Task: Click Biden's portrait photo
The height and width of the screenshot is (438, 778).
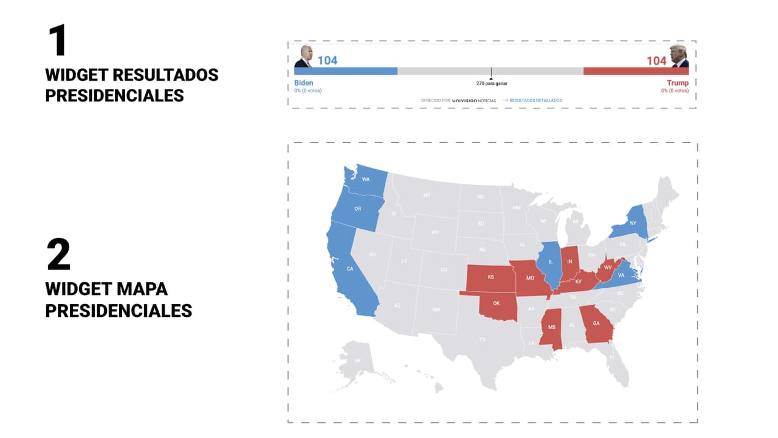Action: click(x=303, y=57)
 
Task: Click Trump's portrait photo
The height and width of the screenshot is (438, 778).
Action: click(x=679, y=57)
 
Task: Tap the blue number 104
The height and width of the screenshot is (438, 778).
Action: click(x=327, y=60)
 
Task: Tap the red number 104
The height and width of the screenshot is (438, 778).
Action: click(x=656, y=60)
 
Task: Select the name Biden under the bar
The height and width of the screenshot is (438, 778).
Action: click(x=304, y=83)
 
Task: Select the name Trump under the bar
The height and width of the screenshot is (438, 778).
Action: click(x=678, y=83)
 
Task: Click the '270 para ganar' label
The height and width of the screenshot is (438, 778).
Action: click(x=492, y=83)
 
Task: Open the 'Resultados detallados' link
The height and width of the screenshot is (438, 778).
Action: click(x=535, y=100)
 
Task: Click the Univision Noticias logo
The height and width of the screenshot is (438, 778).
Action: click(x=474, y=100)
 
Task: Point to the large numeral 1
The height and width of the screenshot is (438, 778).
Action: click(x=57, y=41)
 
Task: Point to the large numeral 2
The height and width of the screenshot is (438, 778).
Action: click(x=58, y=255)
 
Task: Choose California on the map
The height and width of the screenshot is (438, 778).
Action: click(x=349, y=268)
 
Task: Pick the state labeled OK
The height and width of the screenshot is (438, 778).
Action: click(x=497, y=303)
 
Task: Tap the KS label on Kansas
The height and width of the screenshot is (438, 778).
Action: click(x=491, y=277)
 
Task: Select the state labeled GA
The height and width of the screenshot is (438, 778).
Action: click(x=596, y=323)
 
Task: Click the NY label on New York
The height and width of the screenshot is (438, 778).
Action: click(x=633, y=223)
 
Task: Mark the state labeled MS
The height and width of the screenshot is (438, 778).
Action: click(x=552, y=327)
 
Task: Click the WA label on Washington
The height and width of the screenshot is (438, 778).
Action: click(x=366, y=179)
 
